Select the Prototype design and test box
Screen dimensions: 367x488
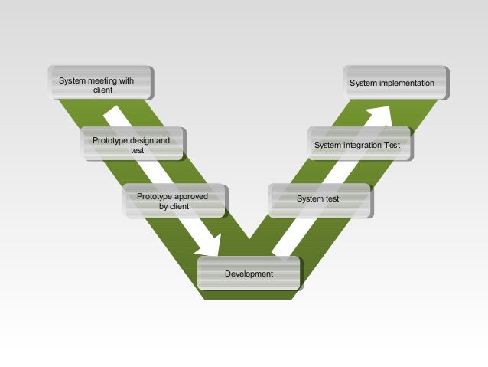[134, 144]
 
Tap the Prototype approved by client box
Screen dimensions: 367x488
[175, 200]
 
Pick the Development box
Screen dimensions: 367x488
[249, 273]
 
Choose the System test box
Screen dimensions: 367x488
[319, 199]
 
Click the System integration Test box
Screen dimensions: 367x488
[361, 144]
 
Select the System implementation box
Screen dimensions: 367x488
[396, 83]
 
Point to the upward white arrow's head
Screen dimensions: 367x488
[381, 113]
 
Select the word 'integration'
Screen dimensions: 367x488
[364, 145]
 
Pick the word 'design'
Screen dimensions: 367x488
[144, 141]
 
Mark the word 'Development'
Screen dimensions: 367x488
[249, 274]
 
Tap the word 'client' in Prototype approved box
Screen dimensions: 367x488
[180, 206]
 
